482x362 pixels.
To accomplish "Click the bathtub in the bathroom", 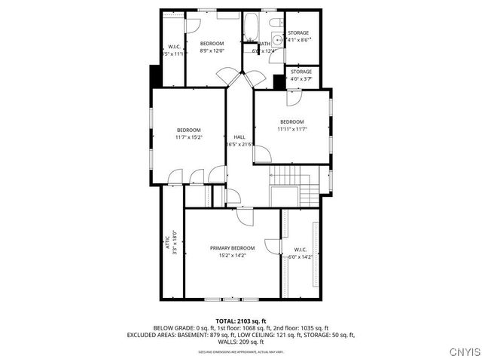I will pos(251,27).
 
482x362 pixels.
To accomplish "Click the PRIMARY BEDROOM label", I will pos(232,248).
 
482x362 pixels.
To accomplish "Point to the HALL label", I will pos(239,137).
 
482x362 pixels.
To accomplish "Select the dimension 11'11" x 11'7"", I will pos(291,130).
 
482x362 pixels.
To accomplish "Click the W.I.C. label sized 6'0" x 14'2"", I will pos(300,256).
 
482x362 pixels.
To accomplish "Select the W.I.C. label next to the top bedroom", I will pos(172,46).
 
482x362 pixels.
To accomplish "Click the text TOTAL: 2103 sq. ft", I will pos(241,321).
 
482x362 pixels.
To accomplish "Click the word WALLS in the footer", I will pos(221,341).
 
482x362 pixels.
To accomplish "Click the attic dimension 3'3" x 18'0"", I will pos(174,243).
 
